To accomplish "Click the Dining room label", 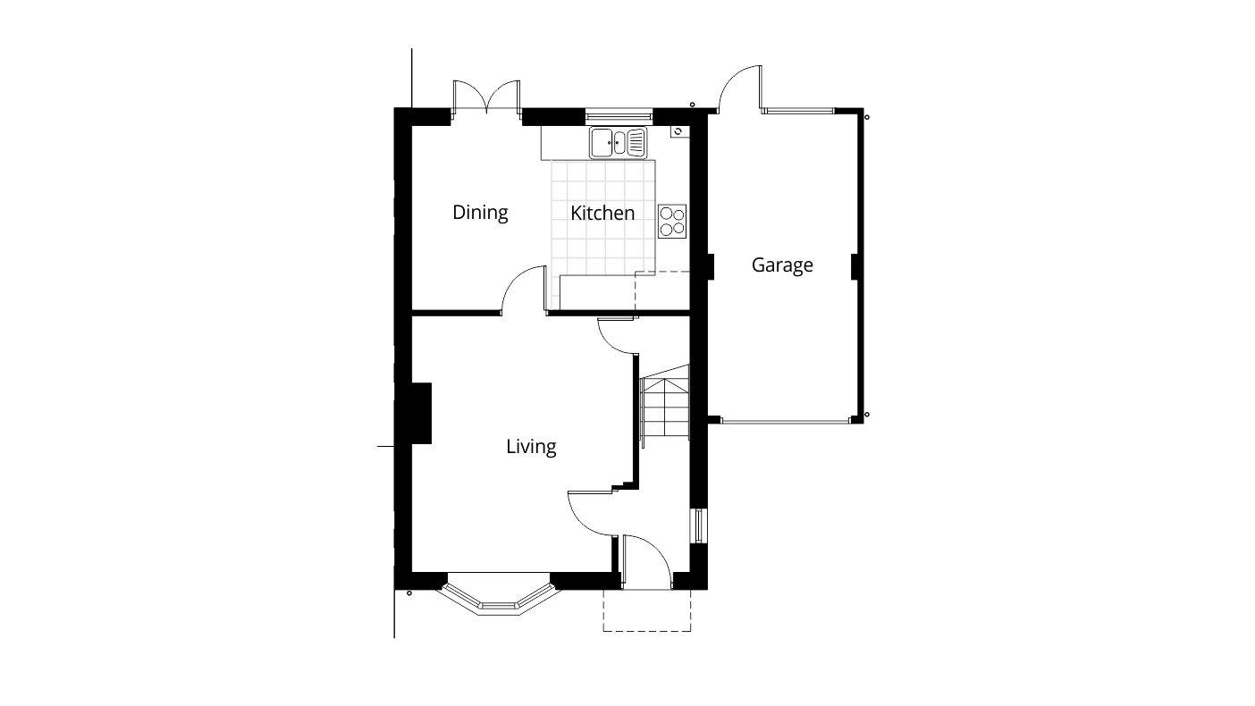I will pos(480,213).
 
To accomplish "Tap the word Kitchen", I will pos(602,213).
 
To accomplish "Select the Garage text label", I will pos(782,265).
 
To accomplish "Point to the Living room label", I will pos(531,446).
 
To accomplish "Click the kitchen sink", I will pos(617,141).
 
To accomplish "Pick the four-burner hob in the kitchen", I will pos(672,221).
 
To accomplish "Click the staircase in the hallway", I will pos(664,408).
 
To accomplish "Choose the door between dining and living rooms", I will pos(525,290).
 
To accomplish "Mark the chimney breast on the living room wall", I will pos(420,413).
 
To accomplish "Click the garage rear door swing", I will pos(741,89).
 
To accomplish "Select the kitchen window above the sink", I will pos(619,114).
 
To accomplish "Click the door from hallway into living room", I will pos(590,513).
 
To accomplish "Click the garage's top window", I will pos(798,111).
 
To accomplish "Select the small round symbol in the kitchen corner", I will pos(678,131).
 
